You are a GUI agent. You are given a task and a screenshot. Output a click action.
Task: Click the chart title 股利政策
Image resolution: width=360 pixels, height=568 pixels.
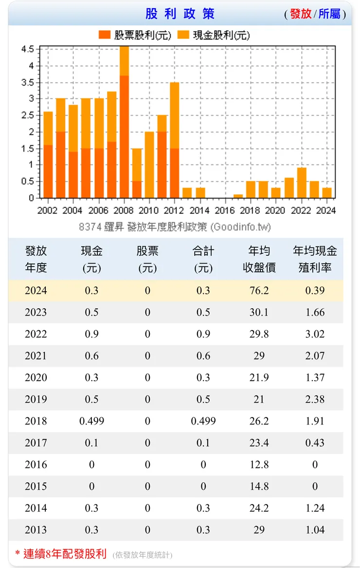coord(180,14)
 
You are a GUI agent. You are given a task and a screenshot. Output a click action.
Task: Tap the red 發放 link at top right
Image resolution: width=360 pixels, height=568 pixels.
coord(300,14)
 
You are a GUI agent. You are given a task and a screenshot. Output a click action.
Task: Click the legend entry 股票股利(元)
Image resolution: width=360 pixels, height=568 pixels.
coord(135,35)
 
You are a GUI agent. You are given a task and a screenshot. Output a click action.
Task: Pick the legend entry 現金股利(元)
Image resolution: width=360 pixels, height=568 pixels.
coord(214,35)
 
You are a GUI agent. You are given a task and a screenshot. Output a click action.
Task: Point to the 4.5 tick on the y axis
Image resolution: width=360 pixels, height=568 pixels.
coord(28,49)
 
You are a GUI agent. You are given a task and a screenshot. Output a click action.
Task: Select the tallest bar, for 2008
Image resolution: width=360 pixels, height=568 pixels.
coord(124,122)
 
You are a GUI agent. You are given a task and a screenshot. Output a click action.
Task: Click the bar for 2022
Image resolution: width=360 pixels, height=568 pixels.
coord(302,183)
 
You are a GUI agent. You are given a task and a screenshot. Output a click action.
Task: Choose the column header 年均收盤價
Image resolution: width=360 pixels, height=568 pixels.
coord(259,259)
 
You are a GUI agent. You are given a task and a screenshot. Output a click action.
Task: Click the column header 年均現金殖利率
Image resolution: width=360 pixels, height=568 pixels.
coord(315,259)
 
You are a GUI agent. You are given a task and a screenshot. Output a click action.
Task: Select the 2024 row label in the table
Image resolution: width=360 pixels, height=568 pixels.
coord(36,291)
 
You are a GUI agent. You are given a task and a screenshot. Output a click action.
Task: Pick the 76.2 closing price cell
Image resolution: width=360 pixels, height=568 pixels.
coord(259,291)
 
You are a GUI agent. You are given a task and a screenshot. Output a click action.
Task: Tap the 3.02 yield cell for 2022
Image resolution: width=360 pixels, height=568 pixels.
coord(315,334)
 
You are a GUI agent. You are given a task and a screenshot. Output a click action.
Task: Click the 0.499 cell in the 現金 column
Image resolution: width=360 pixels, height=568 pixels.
coord(92,421)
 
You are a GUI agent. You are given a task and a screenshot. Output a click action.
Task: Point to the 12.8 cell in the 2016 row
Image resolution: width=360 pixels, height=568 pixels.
coord(259,464)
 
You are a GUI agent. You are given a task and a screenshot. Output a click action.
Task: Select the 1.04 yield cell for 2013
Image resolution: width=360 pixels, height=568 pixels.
coord(315,530)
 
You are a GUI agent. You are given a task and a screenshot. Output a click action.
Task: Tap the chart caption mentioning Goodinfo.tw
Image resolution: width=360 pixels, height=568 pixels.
coord(175,227)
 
